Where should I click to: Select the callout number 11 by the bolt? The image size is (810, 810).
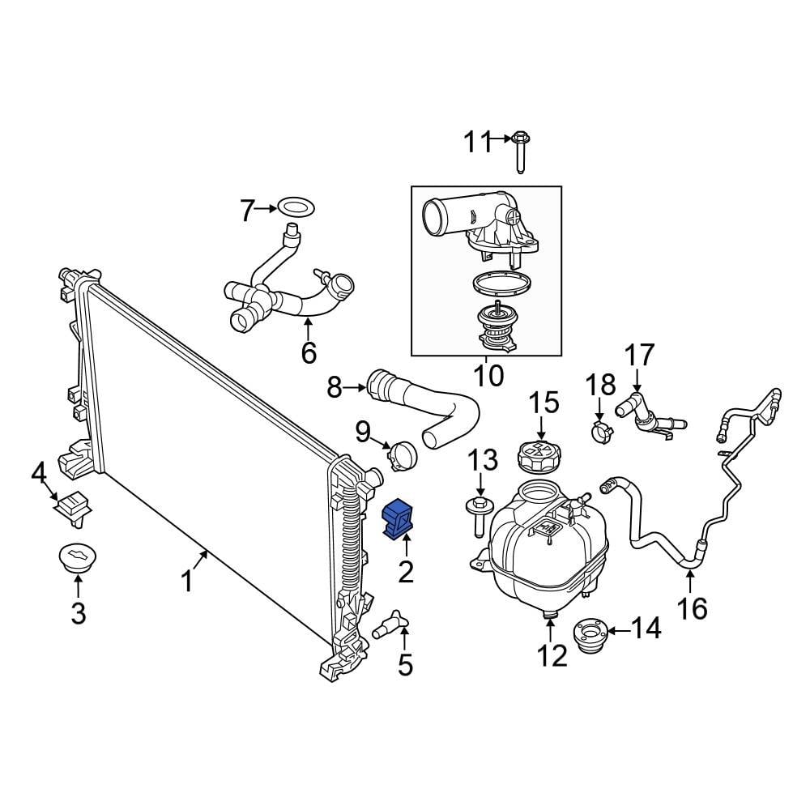(477, 143)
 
